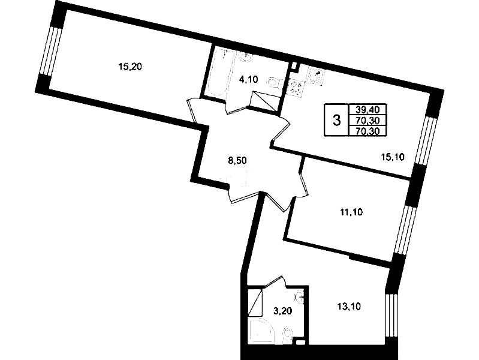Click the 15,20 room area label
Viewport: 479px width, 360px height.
130,67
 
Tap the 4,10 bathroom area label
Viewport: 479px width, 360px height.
248,80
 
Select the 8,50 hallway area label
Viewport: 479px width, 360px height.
237,160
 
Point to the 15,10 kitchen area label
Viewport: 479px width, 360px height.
393,157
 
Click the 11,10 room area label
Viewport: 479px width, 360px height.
351,212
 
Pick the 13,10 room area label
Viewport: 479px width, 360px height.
349,307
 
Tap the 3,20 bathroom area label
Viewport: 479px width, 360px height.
282,311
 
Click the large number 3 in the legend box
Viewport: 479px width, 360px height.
336,120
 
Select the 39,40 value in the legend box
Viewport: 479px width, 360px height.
367,109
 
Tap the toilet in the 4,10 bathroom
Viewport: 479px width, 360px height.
274,83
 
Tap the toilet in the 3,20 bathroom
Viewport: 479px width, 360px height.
287,334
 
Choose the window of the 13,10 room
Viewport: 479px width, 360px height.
390,316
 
